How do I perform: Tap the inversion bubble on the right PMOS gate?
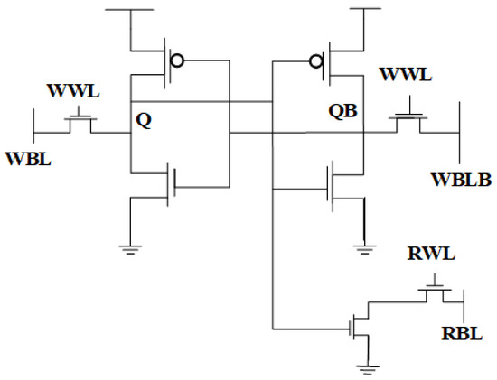click(315, 61)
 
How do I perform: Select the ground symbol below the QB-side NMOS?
click(364, 245)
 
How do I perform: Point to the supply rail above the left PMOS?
click(133, 11)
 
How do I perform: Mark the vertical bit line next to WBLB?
click(461, 131)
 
